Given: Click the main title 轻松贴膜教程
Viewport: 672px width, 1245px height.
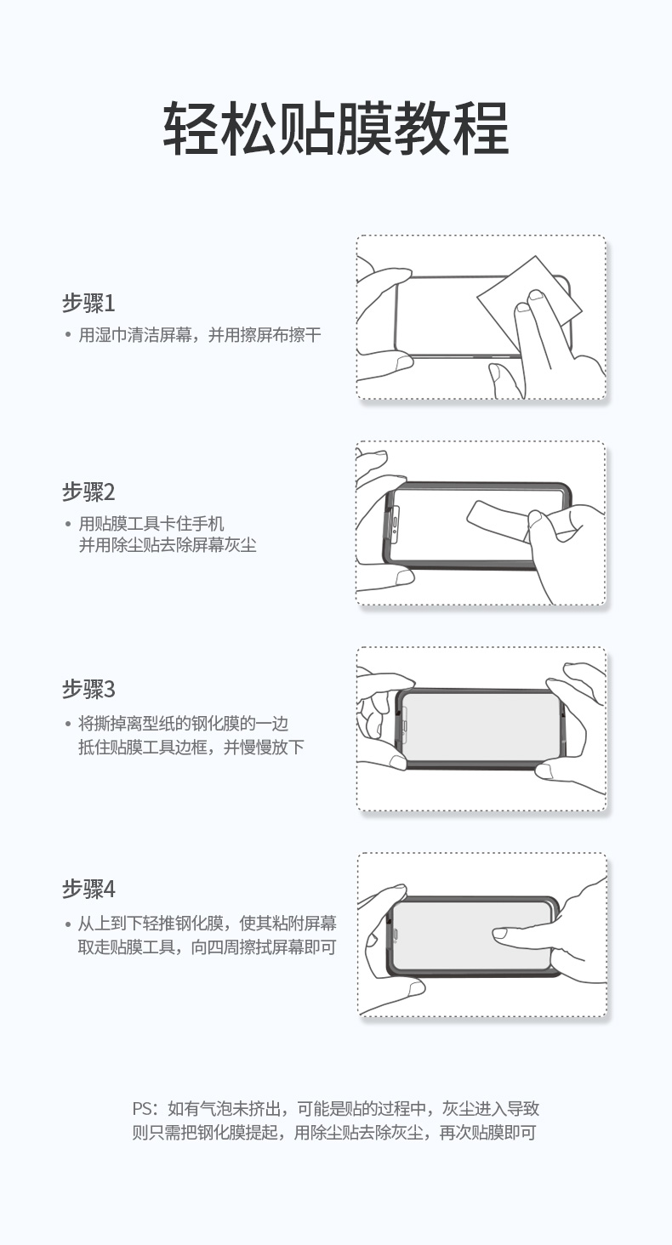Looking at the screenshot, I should [335, 128].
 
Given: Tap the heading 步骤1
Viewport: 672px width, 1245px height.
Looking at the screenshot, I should [88, 303].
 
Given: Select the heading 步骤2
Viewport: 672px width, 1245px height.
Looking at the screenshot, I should [88, 492].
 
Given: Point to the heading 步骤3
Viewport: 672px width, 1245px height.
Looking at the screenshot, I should [88, 689].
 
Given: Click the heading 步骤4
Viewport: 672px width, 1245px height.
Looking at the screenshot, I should [88, 890].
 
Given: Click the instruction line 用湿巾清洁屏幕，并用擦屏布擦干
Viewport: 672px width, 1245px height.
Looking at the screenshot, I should [200, 335].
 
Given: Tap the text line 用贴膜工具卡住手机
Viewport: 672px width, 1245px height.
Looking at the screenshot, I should [151, 524].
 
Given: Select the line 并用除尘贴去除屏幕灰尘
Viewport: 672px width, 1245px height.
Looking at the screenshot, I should [168, 545].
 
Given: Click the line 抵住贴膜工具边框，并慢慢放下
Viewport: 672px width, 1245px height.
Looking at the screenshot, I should [191, 747].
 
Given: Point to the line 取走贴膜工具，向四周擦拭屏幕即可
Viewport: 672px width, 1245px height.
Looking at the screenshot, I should [207, 947].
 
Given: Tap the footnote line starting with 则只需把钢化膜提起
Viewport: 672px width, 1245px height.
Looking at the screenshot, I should [333, 1133].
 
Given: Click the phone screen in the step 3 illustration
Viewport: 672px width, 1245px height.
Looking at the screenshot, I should [481, 725].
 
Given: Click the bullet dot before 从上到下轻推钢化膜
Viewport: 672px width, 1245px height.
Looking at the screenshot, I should [67, 924].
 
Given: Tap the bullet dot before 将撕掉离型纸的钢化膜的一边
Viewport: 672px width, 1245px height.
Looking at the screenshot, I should [67, 724].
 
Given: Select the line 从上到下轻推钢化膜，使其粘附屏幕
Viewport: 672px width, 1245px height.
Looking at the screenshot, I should [207, 924].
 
